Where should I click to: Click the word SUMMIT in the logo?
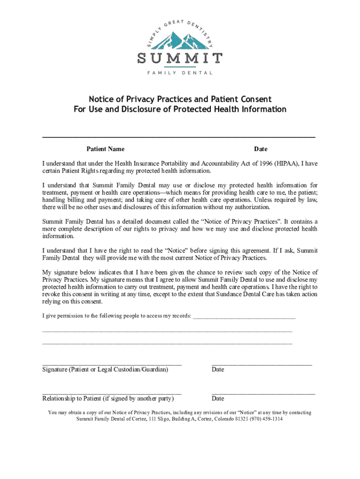click(180, 59)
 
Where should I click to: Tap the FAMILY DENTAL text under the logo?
click(180, 73)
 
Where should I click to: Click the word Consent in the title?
click(255, 99)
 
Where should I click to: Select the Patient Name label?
click(105, 149)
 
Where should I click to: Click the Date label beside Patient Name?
click(260, 149)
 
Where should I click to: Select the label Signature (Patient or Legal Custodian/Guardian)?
click(105, 370)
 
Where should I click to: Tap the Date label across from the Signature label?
click(218, 370)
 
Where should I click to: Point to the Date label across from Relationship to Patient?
click(218, 399)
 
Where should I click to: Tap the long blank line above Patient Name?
click(179, 137)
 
